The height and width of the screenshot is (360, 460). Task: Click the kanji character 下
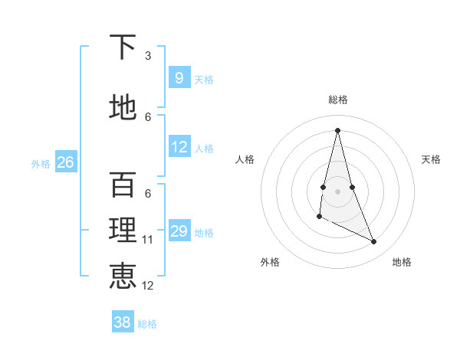click(x=123, y=47)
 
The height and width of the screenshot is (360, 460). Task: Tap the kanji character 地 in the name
click(x=123, y=108)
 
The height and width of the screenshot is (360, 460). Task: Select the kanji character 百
click(x=123, y=185)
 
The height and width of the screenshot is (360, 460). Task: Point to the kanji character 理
click(x=123, y=231)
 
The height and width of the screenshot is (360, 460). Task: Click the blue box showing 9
click(x=179, y=78)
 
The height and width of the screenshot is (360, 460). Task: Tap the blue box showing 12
click(x=179, y=147)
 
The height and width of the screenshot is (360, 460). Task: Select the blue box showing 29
click(x=179, y=231)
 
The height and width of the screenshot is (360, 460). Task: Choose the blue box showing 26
click(x=65, y=162)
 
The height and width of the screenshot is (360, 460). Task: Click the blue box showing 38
click(x=122, y=322)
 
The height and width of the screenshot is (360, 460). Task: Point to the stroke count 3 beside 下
click(x=148, y=56)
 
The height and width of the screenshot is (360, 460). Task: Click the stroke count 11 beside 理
click(x=148, y=240)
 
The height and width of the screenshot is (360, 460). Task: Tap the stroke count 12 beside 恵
click(x=148, y=286)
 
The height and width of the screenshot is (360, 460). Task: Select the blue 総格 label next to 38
click(x=147, y=324)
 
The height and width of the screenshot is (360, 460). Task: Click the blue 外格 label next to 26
click(x=41, y=163)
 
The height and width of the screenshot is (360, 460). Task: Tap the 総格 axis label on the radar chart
click(x=337, y=100)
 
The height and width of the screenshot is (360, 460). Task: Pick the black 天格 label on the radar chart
click(x=432, y=159)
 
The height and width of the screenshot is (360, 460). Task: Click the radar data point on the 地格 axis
click(x=374, y=242)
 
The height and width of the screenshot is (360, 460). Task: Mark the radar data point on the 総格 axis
click(x=337, y=130)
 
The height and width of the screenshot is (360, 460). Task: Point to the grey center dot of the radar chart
click(x=337, y=191)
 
